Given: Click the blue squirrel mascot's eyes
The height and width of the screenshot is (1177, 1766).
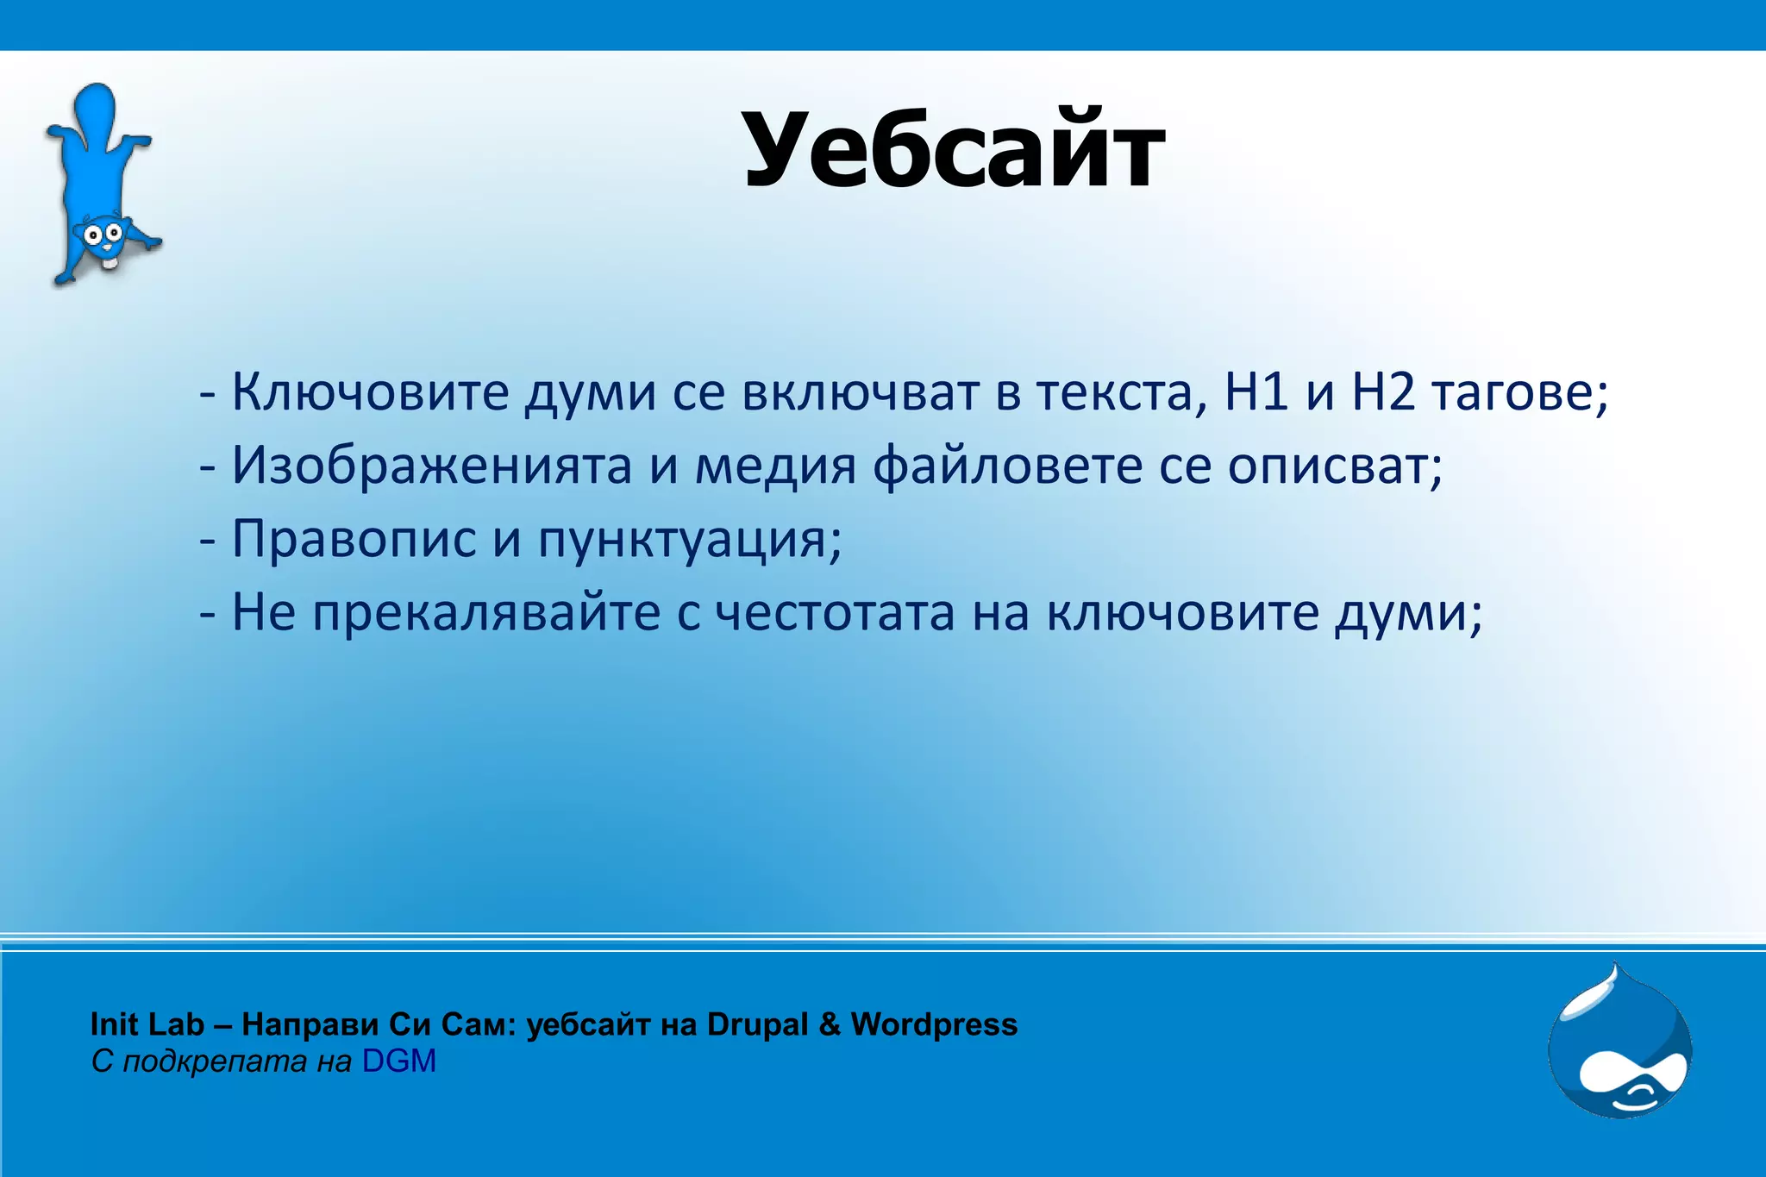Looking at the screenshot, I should click(101, 233).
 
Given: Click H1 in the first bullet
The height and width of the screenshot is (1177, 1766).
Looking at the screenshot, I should click(1256, 392).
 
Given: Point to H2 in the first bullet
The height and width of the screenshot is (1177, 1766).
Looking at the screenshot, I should click(1384, 392).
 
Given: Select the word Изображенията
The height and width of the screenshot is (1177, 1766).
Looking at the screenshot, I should click(431, 466).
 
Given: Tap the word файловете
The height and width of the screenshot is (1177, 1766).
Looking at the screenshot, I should click(1005, 466).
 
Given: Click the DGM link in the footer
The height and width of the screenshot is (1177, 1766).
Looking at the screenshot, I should click(398, 1061).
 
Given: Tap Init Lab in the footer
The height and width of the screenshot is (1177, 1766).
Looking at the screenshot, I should click(147, 1024).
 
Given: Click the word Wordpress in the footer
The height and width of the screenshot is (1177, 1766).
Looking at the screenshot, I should click(934, 1024).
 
